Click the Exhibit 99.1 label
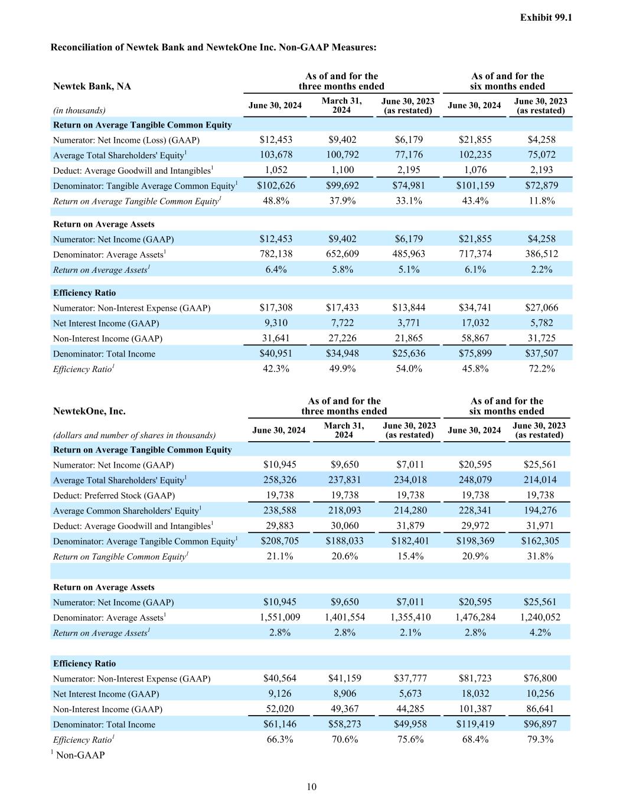coord(546,18)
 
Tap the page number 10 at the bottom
coord(311,787)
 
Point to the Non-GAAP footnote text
coord(80,755)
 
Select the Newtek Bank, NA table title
coord(92,86)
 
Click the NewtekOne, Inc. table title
coord(89,412)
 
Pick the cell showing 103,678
coord(276,155)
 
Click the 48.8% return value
coord(276,201)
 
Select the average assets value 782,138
coord(276,254)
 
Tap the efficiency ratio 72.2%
coord(541,368)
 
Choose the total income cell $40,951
coord(276,354)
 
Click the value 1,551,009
coord(280,617)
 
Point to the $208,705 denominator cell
coord(279,541)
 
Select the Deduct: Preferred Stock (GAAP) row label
coord(114,495)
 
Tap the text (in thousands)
coord(79,110)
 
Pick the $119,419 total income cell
coord(475,724)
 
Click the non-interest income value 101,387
coord(475,709)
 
